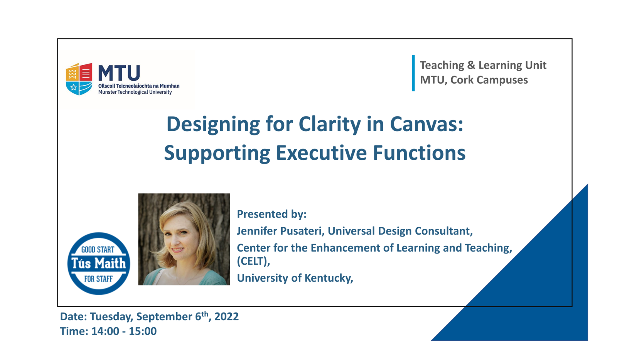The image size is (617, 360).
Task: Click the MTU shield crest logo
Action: pos(79,79)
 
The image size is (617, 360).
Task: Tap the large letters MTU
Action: pos(119,73)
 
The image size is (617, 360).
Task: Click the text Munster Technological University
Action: pos(135,92)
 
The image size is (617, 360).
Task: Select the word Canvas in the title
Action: pos(427,124)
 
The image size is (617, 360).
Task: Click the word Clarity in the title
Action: pos(330,125)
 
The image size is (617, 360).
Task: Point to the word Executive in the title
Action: pos(321,153)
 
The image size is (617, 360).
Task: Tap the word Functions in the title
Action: pos(419,153)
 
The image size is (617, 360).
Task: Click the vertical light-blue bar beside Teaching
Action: pos(413,73)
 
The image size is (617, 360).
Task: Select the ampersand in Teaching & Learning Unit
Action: pos(471,65)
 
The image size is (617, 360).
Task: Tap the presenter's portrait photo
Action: pos(184,239)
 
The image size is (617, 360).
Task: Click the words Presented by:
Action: pos(271,214)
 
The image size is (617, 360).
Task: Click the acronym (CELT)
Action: pos(253,261)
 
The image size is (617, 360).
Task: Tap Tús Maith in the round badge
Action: pos(99,264)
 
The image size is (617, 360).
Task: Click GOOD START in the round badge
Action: pos(98,250)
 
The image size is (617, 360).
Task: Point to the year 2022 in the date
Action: pos(226,317)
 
